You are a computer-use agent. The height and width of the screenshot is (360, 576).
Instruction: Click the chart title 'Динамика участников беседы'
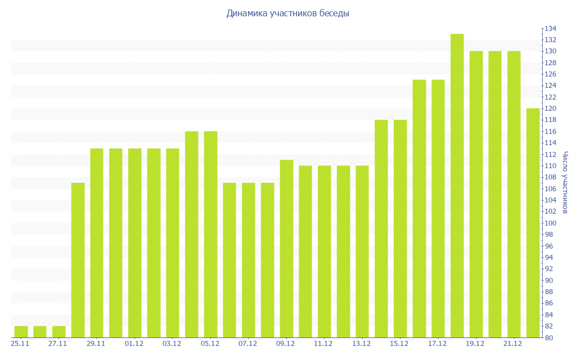[288, 13]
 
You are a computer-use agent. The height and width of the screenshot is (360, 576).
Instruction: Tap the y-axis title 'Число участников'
[565, 183]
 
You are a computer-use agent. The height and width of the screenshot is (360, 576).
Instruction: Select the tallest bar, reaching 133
[457, 186]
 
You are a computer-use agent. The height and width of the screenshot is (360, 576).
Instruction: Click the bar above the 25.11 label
[21, 332]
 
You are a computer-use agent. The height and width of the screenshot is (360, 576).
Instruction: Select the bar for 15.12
[400, 228]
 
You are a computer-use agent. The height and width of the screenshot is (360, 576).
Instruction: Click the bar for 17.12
[438, 208]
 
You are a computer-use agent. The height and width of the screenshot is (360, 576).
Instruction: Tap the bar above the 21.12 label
[514, 194]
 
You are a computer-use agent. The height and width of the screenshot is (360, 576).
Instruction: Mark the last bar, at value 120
[533, 223]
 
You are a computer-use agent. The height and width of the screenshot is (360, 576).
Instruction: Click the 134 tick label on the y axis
[550, 29]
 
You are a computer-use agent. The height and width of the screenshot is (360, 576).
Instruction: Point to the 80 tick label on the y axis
[548, 337]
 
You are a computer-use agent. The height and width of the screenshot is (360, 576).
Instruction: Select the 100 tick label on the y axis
[550, 223]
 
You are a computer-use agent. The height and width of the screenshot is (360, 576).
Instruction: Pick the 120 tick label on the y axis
[550, 109]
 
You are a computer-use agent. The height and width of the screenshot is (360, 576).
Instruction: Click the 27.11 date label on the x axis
[58, 344]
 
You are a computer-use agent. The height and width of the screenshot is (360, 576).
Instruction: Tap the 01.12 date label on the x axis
[134, 344]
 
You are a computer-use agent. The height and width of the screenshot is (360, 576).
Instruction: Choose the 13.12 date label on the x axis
[361, 344]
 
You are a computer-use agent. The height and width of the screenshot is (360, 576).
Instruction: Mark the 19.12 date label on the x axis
[475, 344]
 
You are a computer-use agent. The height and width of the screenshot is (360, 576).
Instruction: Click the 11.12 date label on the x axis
[323, 344]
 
